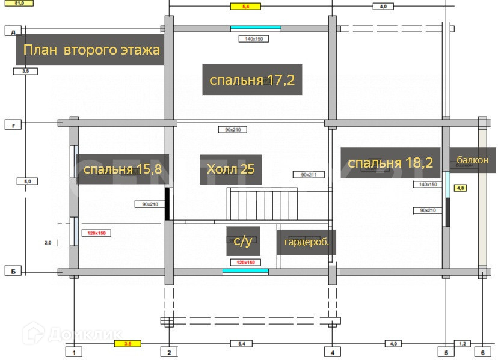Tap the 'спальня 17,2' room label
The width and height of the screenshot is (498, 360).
tap(251, 79)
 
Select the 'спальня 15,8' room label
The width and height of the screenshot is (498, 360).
tap(122, 169)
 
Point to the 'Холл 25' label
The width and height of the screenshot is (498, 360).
tap(230, 169)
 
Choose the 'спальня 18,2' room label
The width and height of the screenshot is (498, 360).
tap(390, 163)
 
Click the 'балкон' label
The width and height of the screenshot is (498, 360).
tap(472, 160)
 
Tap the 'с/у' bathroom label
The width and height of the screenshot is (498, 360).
tap(242, 241)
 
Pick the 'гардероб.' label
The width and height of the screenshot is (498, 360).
tap(306, 243)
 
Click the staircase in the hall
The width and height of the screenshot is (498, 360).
tap(259, 204)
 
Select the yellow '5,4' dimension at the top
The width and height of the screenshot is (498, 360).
tap(245, 6)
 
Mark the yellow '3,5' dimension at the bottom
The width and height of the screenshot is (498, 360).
tap(128, 344)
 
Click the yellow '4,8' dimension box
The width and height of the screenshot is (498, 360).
tap(461, 188)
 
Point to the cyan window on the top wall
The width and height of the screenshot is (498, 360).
tap(256, 28)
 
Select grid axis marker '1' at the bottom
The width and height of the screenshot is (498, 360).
tap(74, 352)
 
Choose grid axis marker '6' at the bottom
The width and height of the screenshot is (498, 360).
tap(482, 352)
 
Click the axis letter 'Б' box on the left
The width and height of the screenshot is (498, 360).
tap(13, 272)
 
